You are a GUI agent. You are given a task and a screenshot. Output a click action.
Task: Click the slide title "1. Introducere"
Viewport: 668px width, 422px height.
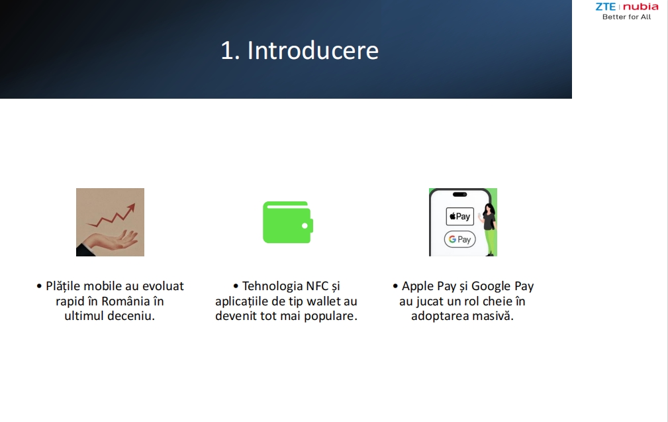[299, 50]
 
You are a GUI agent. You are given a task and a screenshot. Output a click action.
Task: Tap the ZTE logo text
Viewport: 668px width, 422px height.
[605, 7]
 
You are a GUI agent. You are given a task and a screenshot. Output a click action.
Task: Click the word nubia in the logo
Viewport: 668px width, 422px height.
[641, 7]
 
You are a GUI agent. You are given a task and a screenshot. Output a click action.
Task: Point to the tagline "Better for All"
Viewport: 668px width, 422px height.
[627, 17]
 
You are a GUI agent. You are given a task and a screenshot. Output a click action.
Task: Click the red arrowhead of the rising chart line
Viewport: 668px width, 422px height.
[131, 208]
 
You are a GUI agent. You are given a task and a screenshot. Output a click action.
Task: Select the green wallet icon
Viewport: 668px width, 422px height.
[288, 222]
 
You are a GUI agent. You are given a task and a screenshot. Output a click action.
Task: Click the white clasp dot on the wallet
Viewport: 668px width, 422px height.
[305, 226]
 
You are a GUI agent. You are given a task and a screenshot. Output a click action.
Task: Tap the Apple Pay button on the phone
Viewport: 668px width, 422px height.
[459, 216]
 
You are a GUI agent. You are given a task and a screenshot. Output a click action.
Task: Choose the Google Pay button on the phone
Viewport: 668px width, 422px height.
[459, 239]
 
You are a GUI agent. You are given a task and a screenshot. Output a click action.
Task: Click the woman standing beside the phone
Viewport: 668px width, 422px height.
[489, 229]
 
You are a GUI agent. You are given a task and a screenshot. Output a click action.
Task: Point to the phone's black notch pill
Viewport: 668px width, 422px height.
[459, 194]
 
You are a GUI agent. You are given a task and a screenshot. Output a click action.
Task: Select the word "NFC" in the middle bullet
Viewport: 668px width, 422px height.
[315, 286]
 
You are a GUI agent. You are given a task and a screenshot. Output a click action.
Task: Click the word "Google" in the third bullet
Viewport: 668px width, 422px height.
[491, 286]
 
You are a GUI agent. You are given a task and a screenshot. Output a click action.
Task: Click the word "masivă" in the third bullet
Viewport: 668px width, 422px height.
[492, 316]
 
